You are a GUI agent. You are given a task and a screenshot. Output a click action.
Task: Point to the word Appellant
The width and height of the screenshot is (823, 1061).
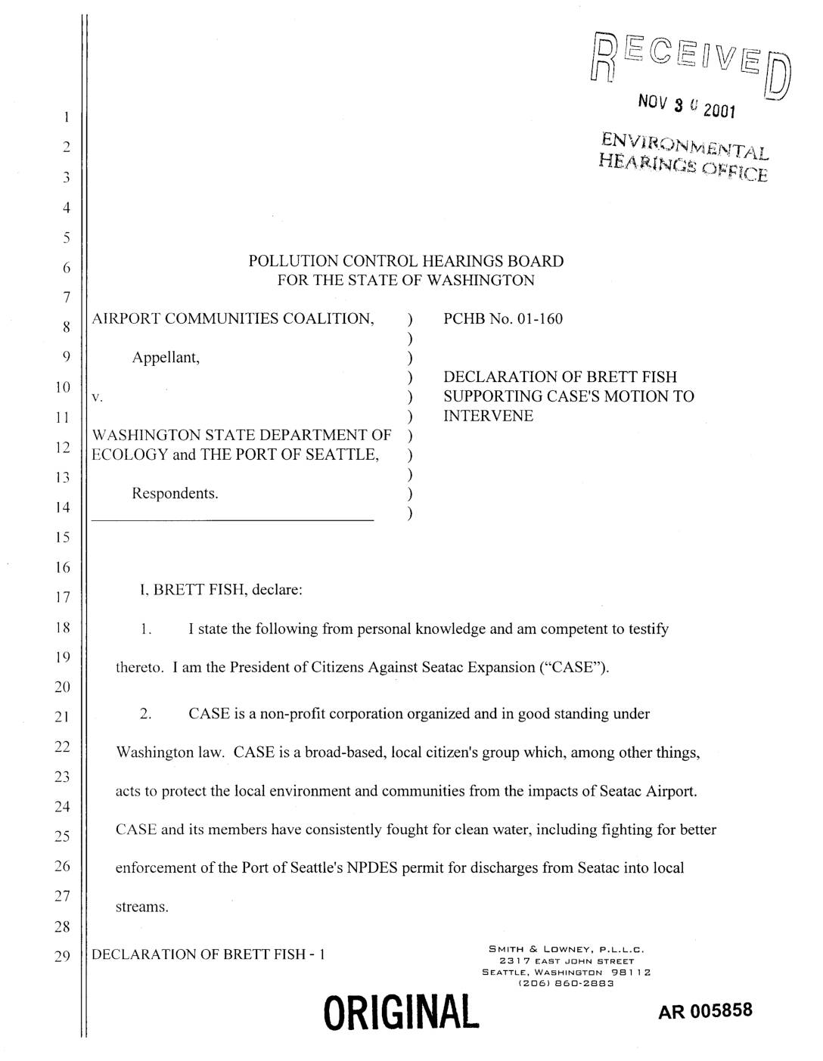166,358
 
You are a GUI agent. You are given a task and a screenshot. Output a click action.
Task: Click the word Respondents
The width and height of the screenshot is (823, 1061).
175,494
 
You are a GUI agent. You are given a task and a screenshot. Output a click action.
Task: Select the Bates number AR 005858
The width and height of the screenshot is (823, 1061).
705,1011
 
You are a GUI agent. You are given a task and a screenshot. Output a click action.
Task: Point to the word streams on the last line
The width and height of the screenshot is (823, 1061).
141,906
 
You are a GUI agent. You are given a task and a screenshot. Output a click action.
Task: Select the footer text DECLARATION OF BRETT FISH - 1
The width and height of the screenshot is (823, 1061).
208,954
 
